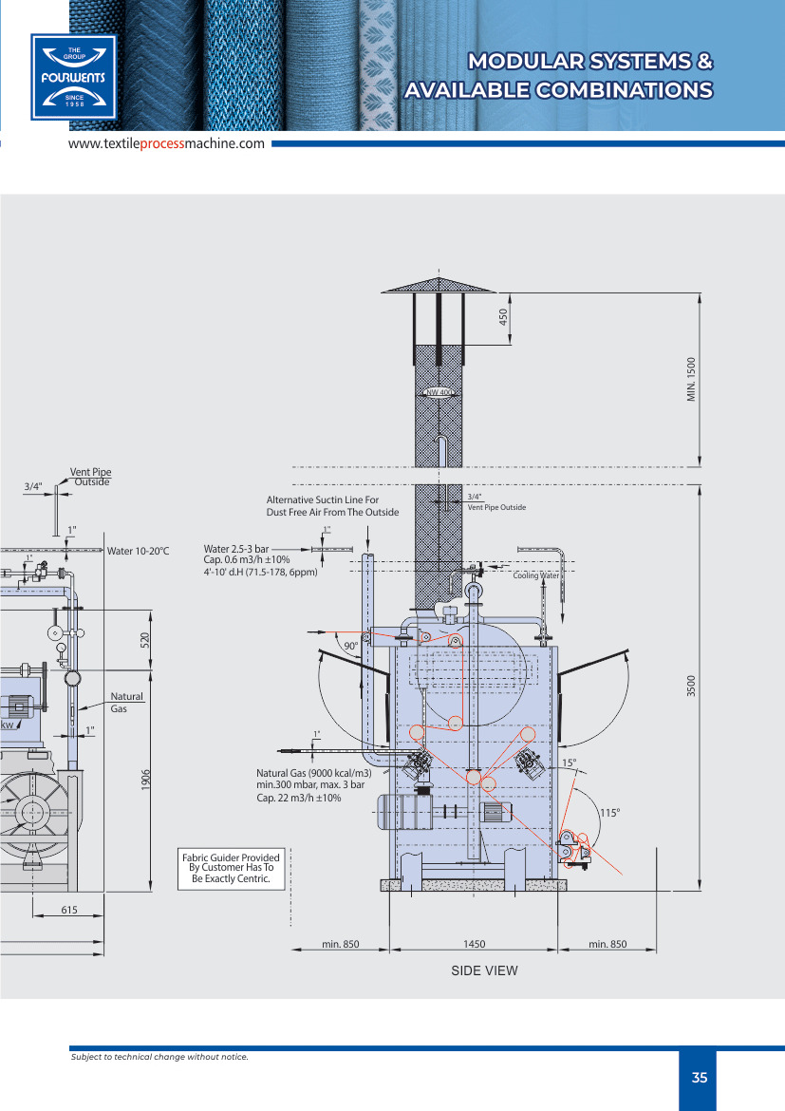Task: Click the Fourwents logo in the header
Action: coord(73,77)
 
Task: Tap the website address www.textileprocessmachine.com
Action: coord(166,143)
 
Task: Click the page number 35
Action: coord(700,1078)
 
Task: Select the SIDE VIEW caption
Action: coord(484,970)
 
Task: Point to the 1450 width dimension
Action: coord(474,945)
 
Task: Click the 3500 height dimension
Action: coord(692,687)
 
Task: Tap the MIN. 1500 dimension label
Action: coord(692,378)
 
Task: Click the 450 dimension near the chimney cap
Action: coord(504,316)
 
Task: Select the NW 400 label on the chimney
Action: coord(438,392)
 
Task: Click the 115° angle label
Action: coord(609,812)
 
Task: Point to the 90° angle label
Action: coord(350,646)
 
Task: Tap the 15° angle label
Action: coord(569,763)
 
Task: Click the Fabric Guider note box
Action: coord(232,869)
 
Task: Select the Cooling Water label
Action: coord(536,575)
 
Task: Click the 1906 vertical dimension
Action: coord(146,780)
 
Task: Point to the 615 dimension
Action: coord(68,910)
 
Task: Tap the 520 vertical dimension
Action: coord(146,640)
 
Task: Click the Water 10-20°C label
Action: coord(138,551)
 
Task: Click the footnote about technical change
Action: coord(159,1057)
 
